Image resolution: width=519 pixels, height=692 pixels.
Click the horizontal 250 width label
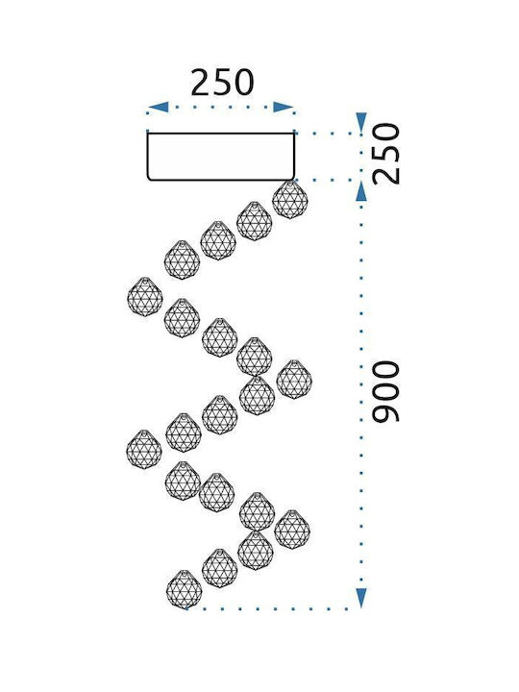222,83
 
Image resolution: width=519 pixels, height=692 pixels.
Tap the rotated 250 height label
385,154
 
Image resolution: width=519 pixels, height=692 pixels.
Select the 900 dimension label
385,392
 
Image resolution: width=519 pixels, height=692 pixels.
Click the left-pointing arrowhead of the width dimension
158,107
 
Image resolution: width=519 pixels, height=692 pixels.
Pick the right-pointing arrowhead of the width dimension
284,107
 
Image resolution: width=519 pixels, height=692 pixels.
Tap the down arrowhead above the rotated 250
361,122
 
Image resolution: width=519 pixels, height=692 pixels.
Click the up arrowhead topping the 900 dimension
361,192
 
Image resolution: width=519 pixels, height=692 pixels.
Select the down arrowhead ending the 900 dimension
361,598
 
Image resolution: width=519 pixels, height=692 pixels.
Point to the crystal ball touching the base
290,200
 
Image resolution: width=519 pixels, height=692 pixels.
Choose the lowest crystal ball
184,589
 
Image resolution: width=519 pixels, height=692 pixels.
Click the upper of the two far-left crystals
145,297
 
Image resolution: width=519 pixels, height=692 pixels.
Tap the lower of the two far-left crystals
144,449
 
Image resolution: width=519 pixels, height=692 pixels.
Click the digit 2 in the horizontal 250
201,83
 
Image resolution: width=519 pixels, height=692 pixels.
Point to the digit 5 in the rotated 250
385,154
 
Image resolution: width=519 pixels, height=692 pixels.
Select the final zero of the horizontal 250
244,83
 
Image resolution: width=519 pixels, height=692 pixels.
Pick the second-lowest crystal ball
220,568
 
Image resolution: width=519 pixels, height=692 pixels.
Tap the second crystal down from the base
254,221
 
